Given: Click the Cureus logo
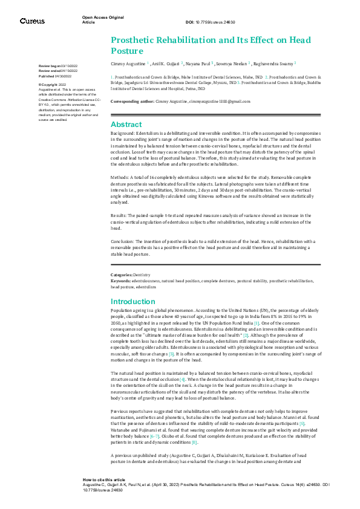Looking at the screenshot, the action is coord(32,21).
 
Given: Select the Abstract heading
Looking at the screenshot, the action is coord(126,124).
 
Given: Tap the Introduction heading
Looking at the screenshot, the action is coord(134,301).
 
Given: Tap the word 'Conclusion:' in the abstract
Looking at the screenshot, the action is coord(123,241).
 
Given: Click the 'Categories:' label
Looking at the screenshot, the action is coord(122,274).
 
